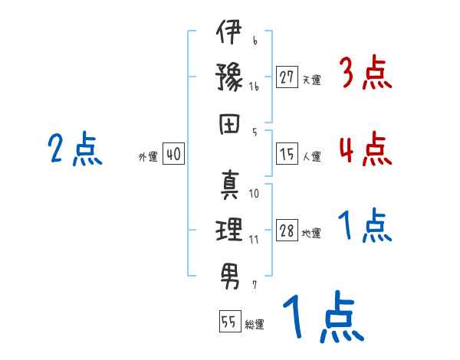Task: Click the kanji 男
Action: tap(229, 272)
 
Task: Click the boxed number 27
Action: tap(287, 77)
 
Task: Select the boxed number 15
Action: tap(287, 154)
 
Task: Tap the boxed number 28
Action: tap(287, 231)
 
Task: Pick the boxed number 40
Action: tap(173, 154)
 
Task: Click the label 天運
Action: tap(311, 80)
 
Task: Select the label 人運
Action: tap(311, 156)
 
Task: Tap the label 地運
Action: tap(311, 234)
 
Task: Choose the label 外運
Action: tap(148, 156)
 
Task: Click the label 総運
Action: tap(254, 324)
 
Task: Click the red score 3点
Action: tap(365, 74)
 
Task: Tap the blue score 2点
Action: tap(74, 149)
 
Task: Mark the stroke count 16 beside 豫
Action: tap(254, 87)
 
